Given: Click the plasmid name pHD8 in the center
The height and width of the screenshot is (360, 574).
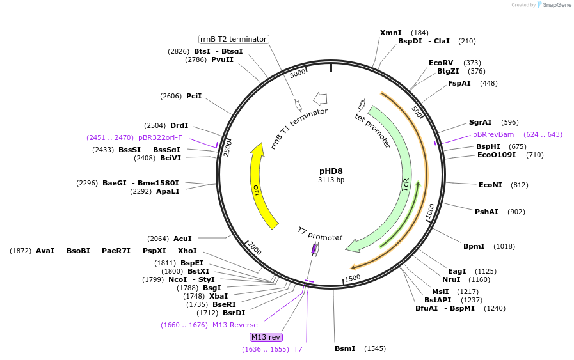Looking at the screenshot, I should click(331, 171).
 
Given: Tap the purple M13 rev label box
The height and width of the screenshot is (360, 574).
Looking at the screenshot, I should click(266, 337).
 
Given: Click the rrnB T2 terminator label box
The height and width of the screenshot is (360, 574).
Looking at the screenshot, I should click(234, 39).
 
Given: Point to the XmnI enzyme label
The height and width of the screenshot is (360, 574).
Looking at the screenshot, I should click(390, 33).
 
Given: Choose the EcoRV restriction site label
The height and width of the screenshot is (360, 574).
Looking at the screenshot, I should click(441, 63).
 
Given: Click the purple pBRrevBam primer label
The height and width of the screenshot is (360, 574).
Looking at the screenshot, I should click(493, 134).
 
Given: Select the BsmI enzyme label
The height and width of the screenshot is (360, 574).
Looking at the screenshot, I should click(345, 348).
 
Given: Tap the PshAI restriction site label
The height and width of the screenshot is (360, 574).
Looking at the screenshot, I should click(486, 212).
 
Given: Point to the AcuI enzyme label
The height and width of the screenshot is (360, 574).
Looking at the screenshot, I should click(182, 239).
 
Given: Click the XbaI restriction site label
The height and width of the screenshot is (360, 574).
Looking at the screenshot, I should click(218, 296).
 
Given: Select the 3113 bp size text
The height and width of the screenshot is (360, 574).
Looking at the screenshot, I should click(331, 180).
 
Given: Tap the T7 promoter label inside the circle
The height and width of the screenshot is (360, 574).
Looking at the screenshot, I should click(320, 233).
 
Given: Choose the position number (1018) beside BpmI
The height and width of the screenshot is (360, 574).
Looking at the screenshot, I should click(504, 246).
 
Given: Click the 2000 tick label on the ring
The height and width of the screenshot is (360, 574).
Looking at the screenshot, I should click(255, 248).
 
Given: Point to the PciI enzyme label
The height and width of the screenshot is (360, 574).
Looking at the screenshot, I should click(194, 96).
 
